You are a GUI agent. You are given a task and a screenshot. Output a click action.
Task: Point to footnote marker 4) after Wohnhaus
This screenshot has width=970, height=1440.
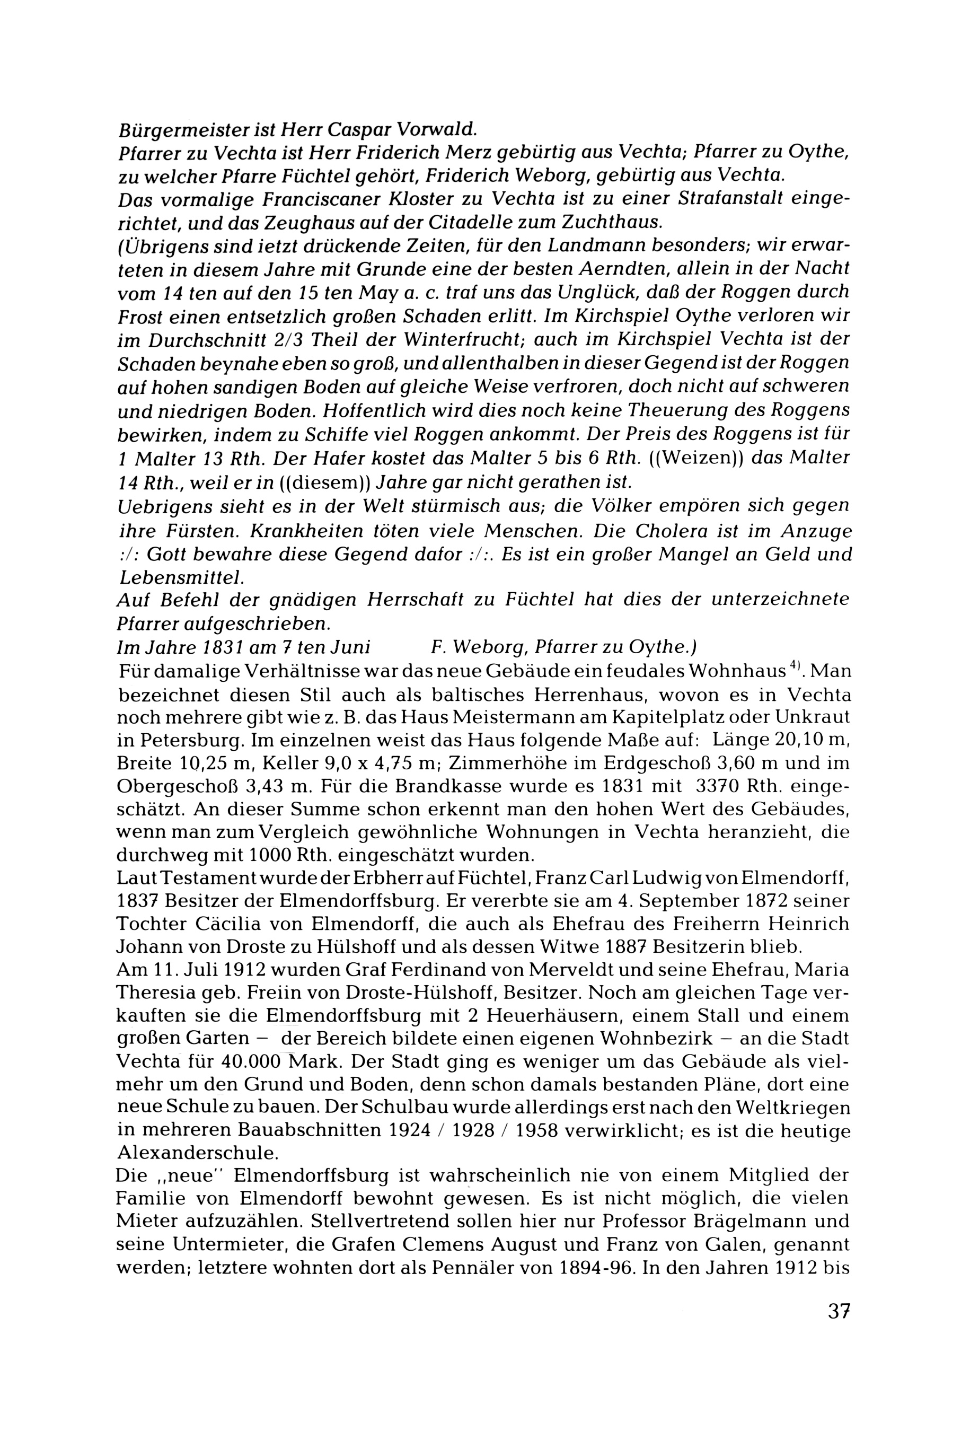point(798,667)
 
